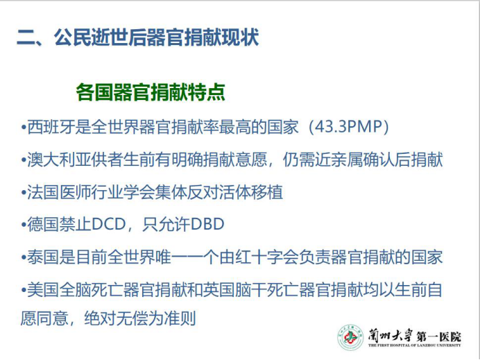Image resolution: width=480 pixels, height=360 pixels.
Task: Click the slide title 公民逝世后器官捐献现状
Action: [x=157, y=37]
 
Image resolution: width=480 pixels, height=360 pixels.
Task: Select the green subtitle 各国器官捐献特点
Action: [x=151, y=92]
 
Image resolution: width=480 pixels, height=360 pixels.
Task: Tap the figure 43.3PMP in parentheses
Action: [x=349, y=126]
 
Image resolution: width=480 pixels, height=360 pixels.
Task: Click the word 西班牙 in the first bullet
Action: [x=51, y=126]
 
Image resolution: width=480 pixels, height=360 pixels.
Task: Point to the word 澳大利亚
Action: [x=59, y=160]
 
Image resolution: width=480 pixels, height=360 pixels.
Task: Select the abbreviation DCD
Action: [x=109, y=224]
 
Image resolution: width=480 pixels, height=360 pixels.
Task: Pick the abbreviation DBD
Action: [x=207, y=224]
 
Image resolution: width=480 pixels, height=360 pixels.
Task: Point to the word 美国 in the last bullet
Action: [x=43, y=289]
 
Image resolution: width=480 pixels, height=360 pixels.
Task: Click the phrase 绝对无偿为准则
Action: [x=140, y=318]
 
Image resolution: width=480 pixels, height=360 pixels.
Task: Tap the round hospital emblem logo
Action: [x=350, y=337]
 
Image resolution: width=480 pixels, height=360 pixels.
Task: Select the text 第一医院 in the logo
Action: [x=438, y=336]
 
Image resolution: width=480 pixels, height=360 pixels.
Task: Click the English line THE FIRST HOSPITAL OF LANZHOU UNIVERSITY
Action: [x=415, y=345]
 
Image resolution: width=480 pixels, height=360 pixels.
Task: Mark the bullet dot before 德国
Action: [x=24, y=225]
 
